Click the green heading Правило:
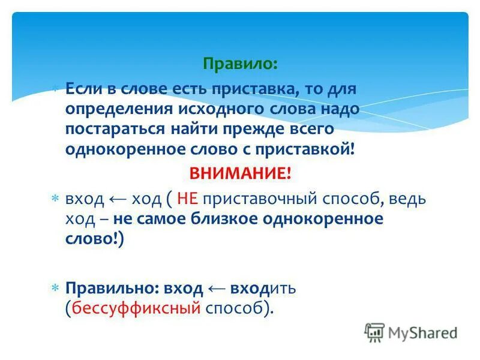tap(240, 62)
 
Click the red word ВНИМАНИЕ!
tap(240, 174)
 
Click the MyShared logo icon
tap(374, 332)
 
